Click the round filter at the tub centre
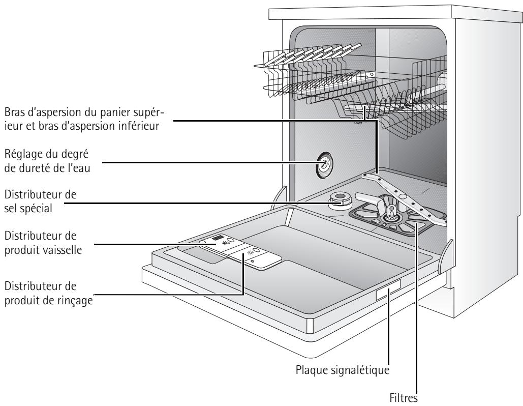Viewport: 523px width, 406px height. pyautogui.click(x=390, y=217)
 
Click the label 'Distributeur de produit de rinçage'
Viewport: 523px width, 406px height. pyautogui.click(x=49, y=294)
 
